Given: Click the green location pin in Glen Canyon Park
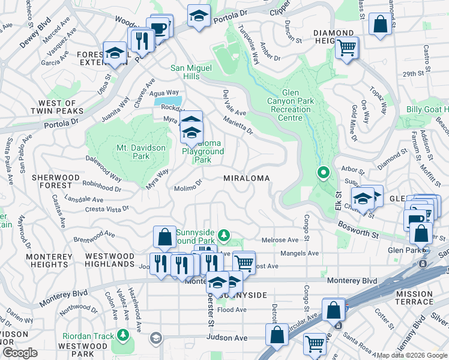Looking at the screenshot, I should coord(323,173).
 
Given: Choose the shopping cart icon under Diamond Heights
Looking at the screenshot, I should coord(347,48).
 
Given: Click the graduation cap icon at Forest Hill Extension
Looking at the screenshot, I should coord(114,53).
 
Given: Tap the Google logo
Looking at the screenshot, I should coord(19,353).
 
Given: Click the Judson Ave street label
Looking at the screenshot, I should coord(226,338).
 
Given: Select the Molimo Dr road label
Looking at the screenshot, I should coord(188,189).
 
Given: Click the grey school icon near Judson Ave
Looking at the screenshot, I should coord(156,338).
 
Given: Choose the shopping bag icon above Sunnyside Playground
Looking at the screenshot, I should coord(164,237).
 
